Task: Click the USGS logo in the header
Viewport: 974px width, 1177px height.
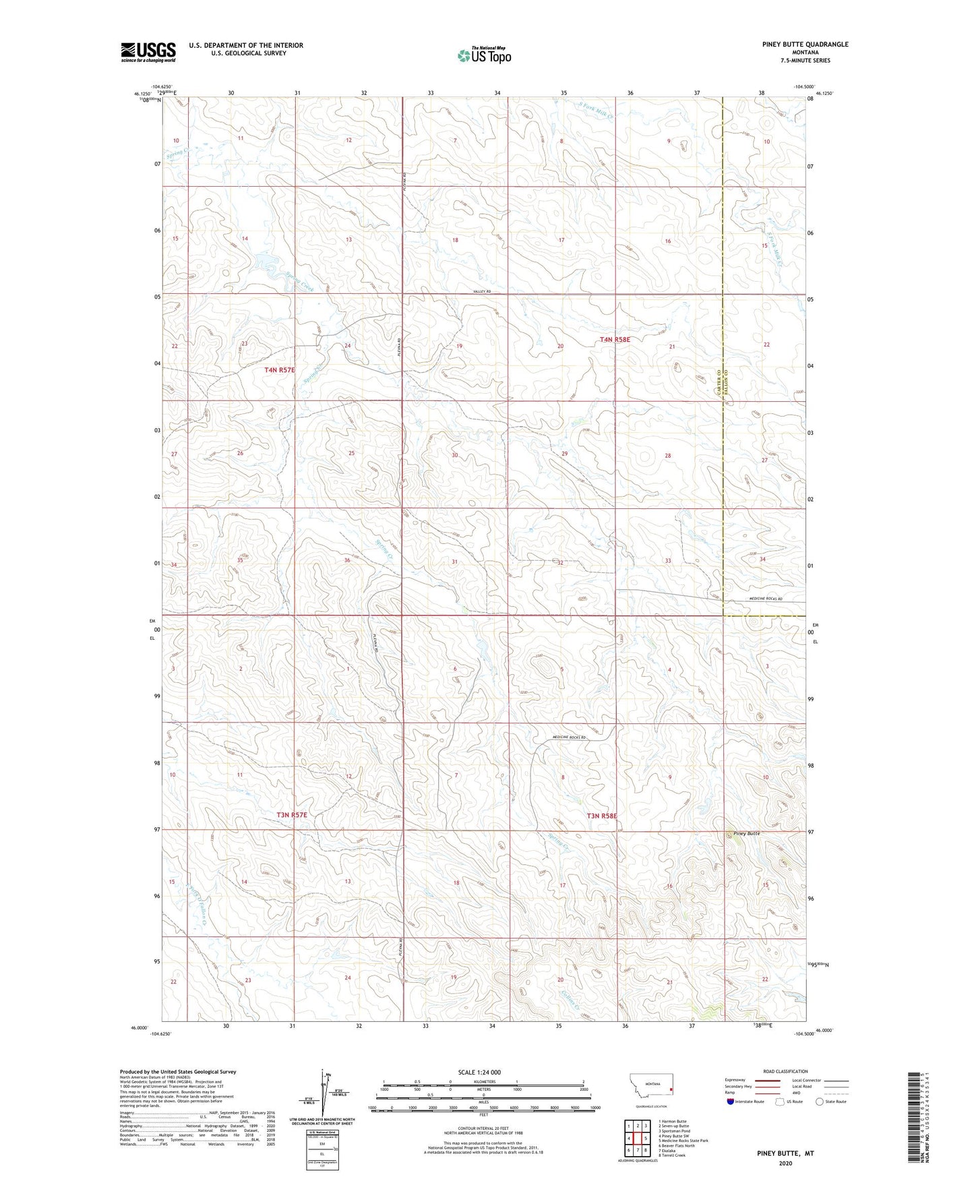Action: [x=148, y=52]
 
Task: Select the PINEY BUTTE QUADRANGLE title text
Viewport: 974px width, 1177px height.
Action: [x=805, y=44]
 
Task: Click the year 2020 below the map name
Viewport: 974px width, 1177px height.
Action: [x=785, y=1163]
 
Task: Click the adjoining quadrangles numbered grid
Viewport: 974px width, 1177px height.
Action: [x=637, y=1139]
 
